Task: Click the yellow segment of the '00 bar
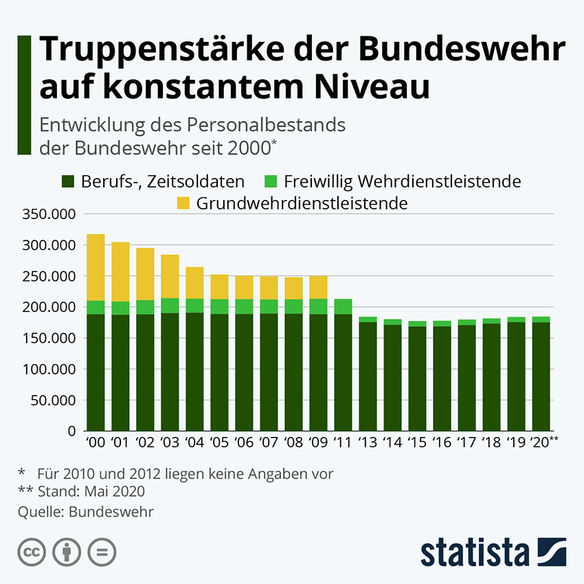click(x=96, y=267)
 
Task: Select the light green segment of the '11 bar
click(x=343, y=306)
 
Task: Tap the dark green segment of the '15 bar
click(x=417, y=379)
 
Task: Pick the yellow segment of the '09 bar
click(x=318, y=287)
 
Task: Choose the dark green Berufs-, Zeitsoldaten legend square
click(x=69, y=182)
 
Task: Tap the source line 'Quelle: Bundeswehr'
click(x=85, y=511)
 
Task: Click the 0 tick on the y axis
click(x=71, y=431)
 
